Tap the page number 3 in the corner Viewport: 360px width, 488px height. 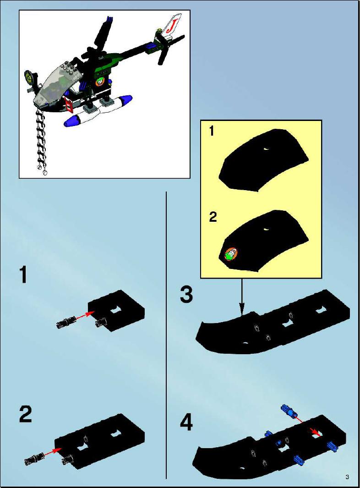(347, 477)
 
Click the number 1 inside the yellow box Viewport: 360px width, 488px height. (212, 132)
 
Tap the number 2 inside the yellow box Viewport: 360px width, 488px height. (213, 217)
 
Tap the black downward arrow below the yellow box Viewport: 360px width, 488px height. (242, 297)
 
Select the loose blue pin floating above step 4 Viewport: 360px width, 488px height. (289, 411)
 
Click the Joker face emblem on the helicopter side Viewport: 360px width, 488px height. (100, 82)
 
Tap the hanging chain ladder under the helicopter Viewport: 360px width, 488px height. (41, 141)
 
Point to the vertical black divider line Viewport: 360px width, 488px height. (166, 335)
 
